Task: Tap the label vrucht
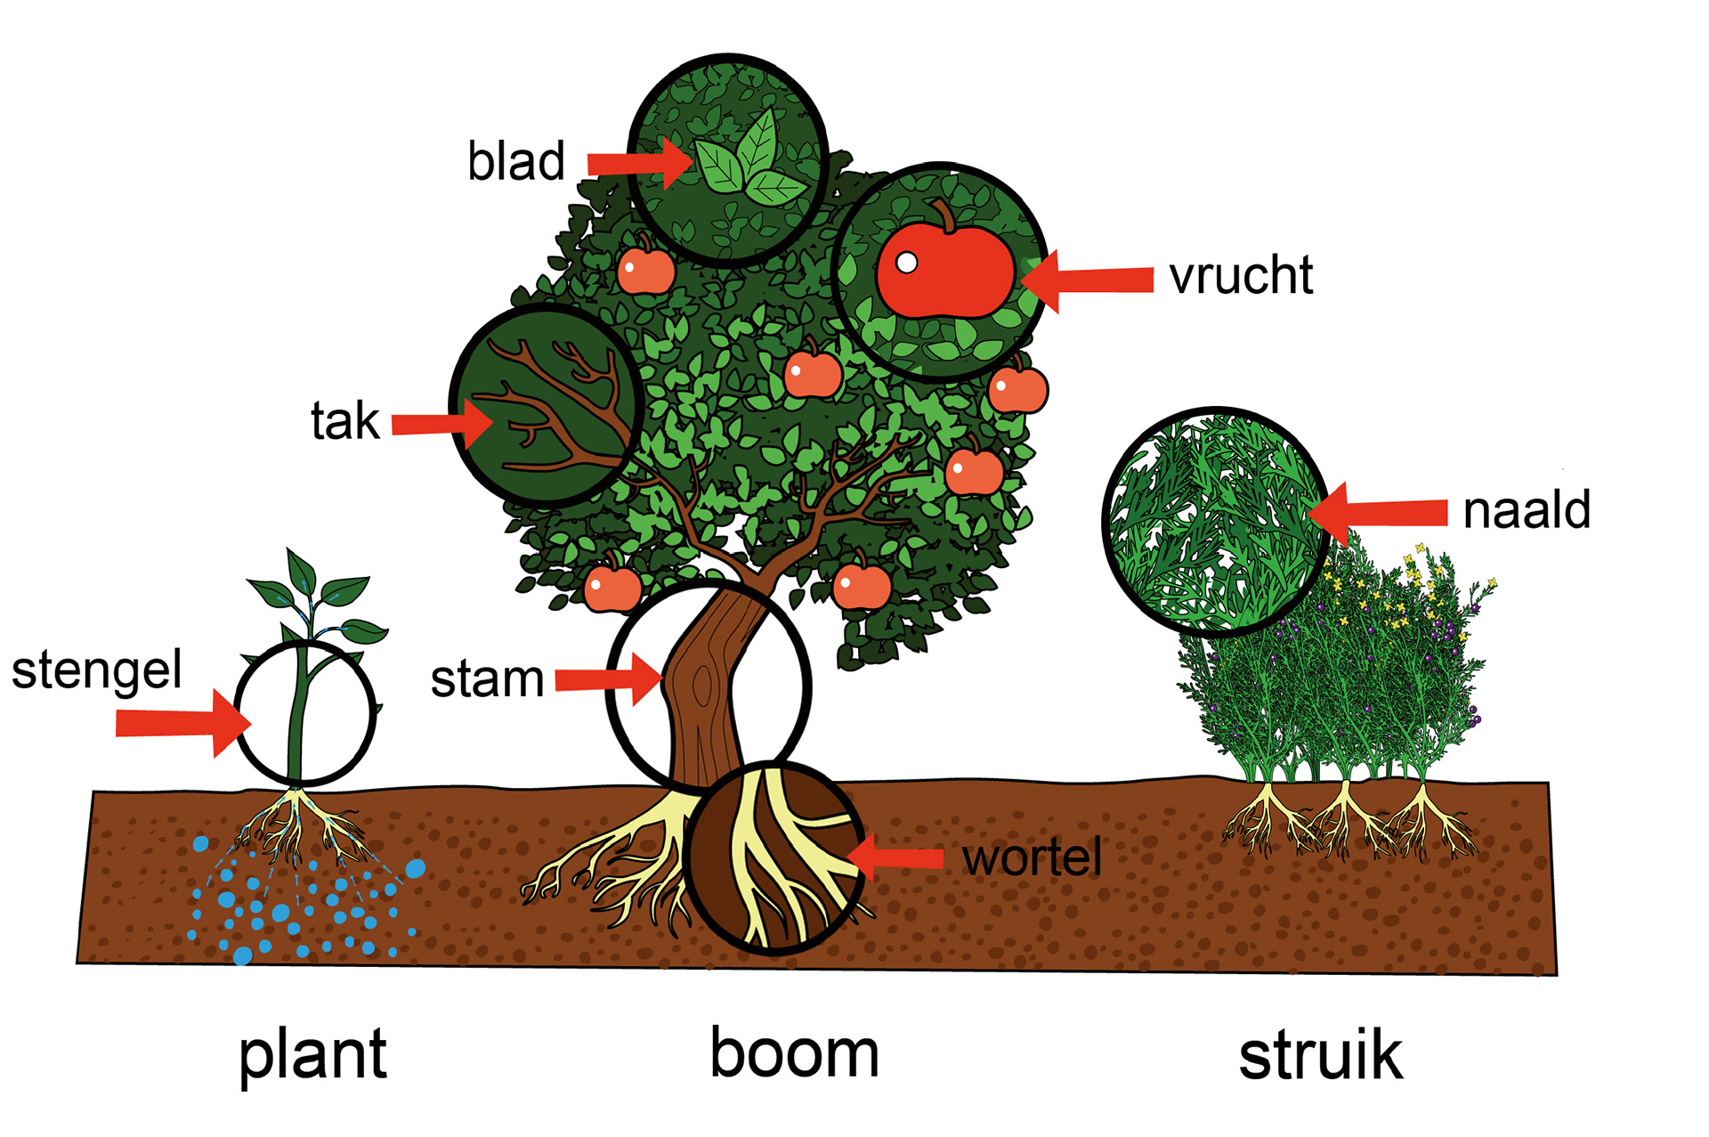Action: (x=1241, y=276)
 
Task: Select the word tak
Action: (x=344, y=421)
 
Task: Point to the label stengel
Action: (x=96, y=671)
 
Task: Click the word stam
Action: (x=487, y=679)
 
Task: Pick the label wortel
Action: (x=1032, y=857)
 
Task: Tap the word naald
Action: (x=1527, y=510)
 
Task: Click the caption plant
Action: (x=312, y=1055)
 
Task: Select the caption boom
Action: (x=794, y=1053)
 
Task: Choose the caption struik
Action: (x=1320, y=1056)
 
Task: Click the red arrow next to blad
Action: (x=638, y=163)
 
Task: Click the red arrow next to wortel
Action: (x=895, y=857)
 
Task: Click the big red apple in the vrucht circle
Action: (x=945, y=269)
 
